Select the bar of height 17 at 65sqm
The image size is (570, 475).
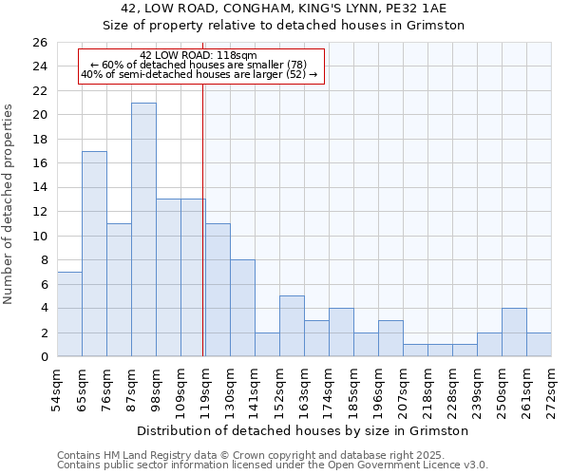pos(94,254)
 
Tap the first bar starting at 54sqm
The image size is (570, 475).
pos(69,314)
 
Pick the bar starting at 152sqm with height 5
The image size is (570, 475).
pos(292,326)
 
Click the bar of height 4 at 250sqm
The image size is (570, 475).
pos(514,332)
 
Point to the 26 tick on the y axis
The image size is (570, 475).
pos(40,43)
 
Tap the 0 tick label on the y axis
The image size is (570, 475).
pos(44,357)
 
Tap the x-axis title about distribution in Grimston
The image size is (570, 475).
pos(303,430)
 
